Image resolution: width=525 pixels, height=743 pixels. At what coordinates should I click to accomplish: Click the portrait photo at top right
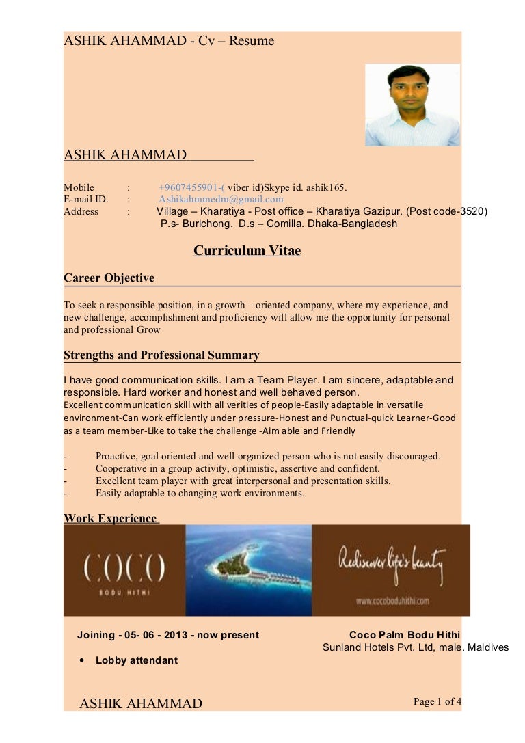[412, 105]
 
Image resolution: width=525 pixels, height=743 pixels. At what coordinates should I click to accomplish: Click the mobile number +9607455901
[189, 187]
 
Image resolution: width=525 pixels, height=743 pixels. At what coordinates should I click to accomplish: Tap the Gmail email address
[221, 200]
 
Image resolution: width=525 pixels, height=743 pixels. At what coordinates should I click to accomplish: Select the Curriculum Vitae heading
[247, 250]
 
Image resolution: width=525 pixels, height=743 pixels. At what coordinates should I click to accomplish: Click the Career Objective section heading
[109, 278]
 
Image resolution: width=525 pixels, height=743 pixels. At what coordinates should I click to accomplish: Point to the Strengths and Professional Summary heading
[161, 355]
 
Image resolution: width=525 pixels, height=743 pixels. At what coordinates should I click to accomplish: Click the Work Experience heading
[110, 518]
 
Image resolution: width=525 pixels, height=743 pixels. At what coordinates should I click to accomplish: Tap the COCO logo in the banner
[124, 569]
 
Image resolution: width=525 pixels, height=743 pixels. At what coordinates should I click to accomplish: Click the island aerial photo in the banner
[248, 570]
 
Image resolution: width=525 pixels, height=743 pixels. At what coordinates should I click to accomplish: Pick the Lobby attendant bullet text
[136, 660]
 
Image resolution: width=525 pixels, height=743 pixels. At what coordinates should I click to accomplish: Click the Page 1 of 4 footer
[437, 701]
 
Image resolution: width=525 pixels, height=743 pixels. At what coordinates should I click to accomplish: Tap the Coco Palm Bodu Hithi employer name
[404, 635]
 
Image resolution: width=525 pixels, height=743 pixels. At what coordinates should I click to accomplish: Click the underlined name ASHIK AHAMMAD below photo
[125, 155]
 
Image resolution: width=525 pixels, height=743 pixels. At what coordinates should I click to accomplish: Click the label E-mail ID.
[86, 200]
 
